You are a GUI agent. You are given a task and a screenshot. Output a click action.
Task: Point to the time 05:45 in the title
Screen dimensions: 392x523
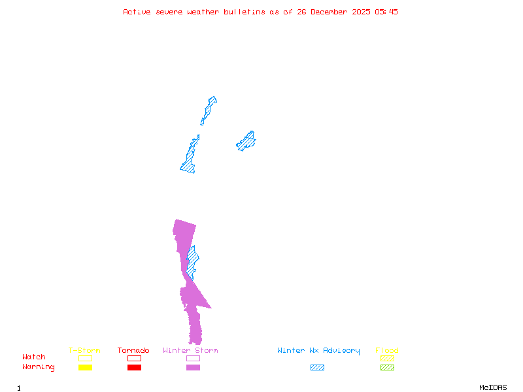coord(386,12)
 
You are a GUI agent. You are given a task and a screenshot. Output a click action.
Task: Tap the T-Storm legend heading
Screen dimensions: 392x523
coord(84,350)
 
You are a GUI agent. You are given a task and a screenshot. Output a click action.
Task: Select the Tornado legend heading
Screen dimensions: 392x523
coord(133,350)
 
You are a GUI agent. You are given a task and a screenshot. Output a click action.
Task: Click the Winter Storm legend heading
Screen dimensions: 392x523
coord(190,350)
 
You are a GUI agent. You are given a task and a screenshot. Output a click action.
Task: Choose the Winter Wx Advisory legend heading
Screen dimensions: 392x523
coord(318,350)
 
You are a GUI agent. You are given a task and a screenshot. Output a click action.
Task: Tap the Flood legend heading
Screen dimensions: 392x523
coord(387,350)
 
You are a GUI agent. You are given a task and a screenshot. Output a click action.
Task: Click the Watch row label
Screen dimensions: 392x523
coord(34,357)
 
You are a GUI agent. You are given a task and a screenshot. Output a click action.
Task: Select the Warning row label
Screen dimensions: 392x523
coord(39,367)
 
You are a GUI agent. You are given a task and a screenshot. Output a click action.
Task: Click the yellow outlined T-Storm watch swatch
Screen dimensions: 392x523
coord(85,358)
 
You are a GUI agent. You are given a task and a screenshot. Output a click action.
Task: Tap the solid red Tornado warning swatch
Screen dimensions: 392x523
coord(134,367)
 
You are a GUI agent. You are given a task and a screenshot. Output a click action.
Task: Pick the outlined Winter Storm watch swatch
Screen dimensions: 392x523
coord(193,358)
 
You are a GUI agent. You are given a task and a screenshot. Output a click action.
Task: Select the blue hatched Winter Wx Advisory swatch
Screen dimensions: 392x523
coord(317,367)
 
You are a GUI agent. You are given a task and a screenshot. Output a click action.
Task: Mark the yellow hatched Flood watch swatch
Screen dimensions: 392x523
coord(387,358)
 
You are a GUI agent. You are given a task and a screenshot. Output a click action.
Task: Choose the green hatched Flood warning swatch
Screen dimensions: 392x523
coord(387,367)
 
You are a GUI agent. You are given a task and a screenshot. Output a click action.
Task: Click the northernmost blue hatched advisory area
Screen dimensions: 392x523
coord(209,108)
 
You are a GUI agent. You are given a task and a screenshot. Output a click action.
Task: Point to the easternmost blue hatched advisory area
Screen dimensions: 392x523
coord(246,140)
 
